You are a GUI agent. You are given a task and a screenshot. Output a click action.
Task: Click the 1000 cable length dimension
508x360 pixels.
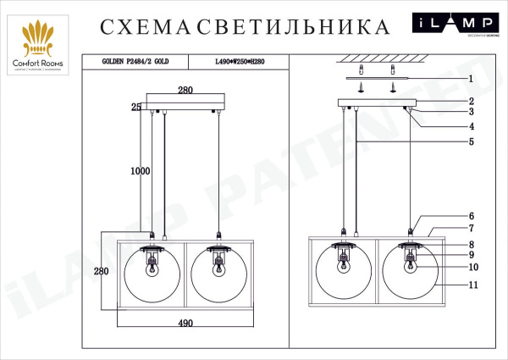pos(140,170)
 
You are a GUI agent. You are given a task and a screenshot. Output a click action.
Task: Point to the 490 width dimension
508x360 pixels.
pos(185,324)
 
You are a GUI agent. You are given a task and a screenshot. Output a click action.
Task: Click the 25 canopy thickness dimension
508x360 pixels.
pos(135,107)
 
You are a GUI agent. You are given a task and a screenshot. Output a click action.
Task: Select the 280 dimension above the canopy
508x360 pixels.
pos(186,90)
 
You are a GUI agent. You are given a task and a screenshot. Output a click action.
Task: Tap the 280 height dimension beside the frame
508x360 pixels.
pos(102,271)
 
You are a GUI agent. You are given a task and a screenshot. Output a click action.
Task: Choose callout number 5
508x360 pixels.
pos(470,141)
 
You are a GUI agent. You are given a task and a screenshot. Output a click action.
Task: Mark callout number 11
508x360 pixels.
pos(473,285)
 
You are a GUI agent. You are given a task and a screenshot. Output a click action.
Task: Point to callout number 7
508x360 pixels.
pos(472,229)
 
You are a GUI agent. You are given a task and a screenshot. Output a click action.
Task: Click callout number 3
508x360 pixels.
pos(471,112)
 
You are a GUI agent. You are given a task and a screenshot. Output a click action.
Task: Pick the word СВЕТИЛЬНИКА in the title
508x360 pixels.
pos(294,28)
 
